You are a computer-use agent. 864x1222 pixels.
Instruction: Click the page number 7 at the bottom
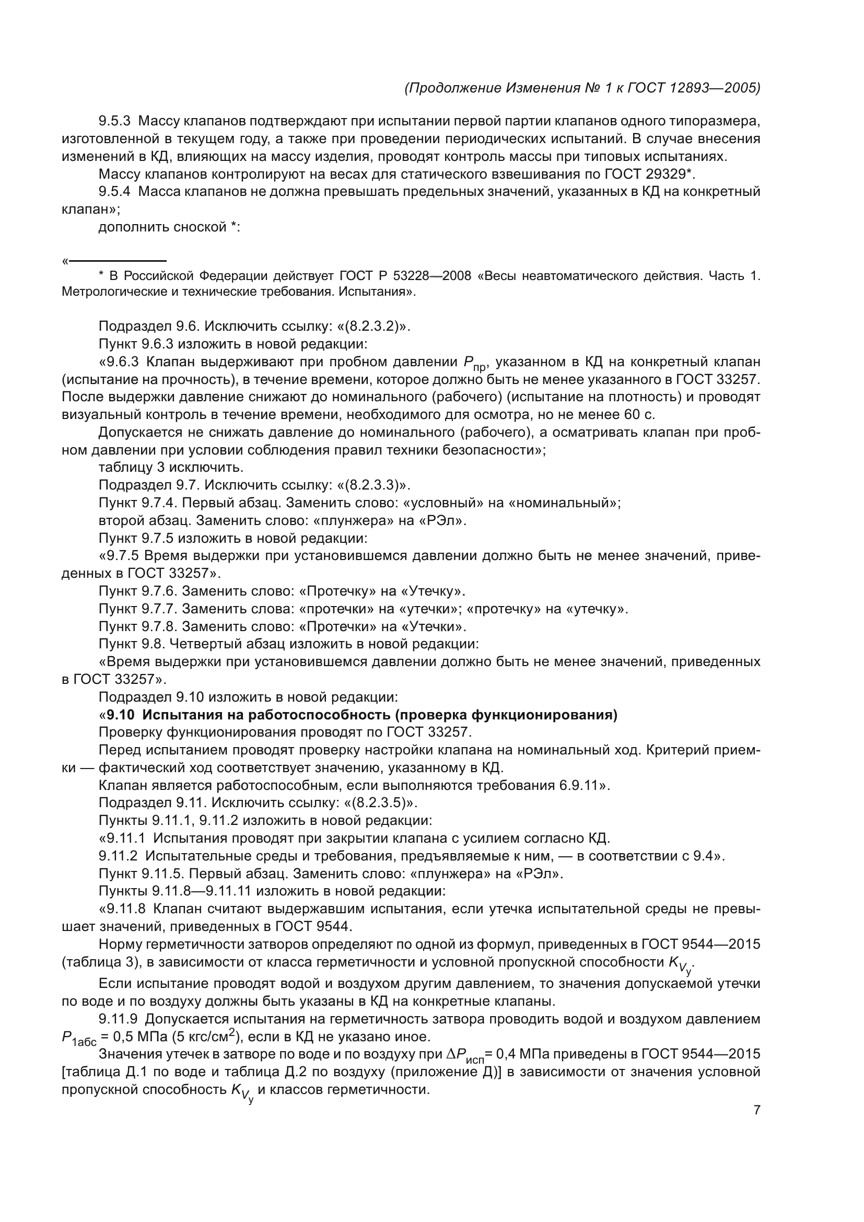tap(756, 1110)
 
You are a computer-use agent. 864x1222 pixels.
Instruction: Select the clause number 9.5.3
tap(114, 121)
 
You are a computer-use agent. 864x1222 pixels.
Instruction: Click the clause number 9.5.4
tap(114, 192)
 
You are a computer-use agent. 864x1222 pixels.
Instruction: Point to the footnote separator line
tap(118, 261)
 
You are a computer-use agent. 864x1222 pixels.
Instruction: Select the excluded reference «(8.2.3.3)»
tap(373, 485)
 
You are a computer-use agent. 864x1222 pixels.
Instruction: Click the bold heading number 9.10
tap(120, 715)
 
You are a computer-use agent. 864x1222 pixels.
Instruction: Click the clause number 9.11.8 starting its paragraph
tap(122, 909)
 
